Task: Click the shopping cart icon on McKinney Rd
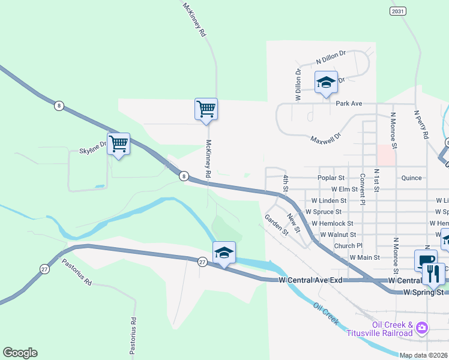click(206, 109)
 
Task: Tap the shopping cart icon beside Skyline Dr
click(119, 143)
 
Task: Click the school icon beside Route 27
click(224, 253)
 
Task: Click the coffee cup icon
click(425, 260)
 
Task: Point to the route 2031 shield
click(397, 11)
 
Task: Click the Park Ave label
click(349, 104)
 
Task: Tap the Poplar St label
click(332, 178)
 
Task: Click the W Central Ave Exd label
click(310, 280)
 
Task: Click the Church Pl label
click(349, 246)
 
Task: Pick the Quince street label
click(412, 178)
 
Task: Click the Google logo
click(20, 353)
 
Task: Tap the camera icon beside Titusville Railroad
click(422, 327)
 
